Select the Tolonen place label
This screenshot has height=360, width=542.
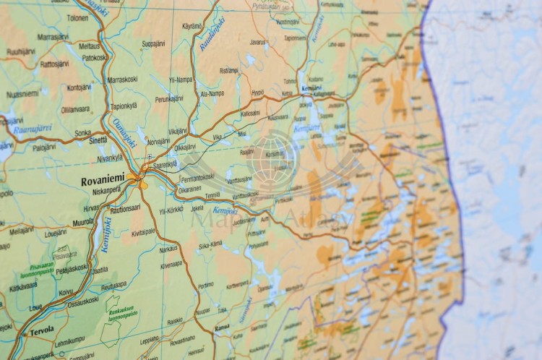(x=77, y=17)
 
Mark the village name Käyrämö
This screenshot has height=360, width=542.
(x=192, y=26)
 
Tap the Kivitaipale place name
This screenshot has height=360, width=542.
(x=143, y=232)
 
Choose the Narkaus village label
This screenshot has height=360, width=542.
(x=168, y=249)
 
